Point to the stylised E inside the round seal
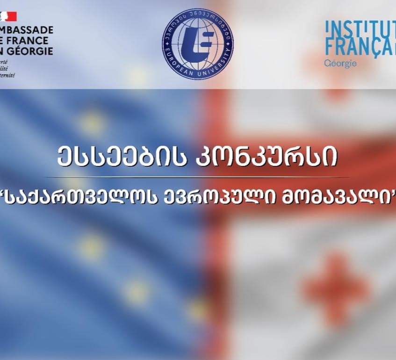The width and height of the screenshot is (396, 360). [198, 44]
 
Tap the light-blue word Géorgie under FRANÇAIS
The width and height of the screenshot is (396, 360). [339, 63]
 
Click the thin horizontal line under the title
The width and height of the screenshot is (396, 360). [198, 177]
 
